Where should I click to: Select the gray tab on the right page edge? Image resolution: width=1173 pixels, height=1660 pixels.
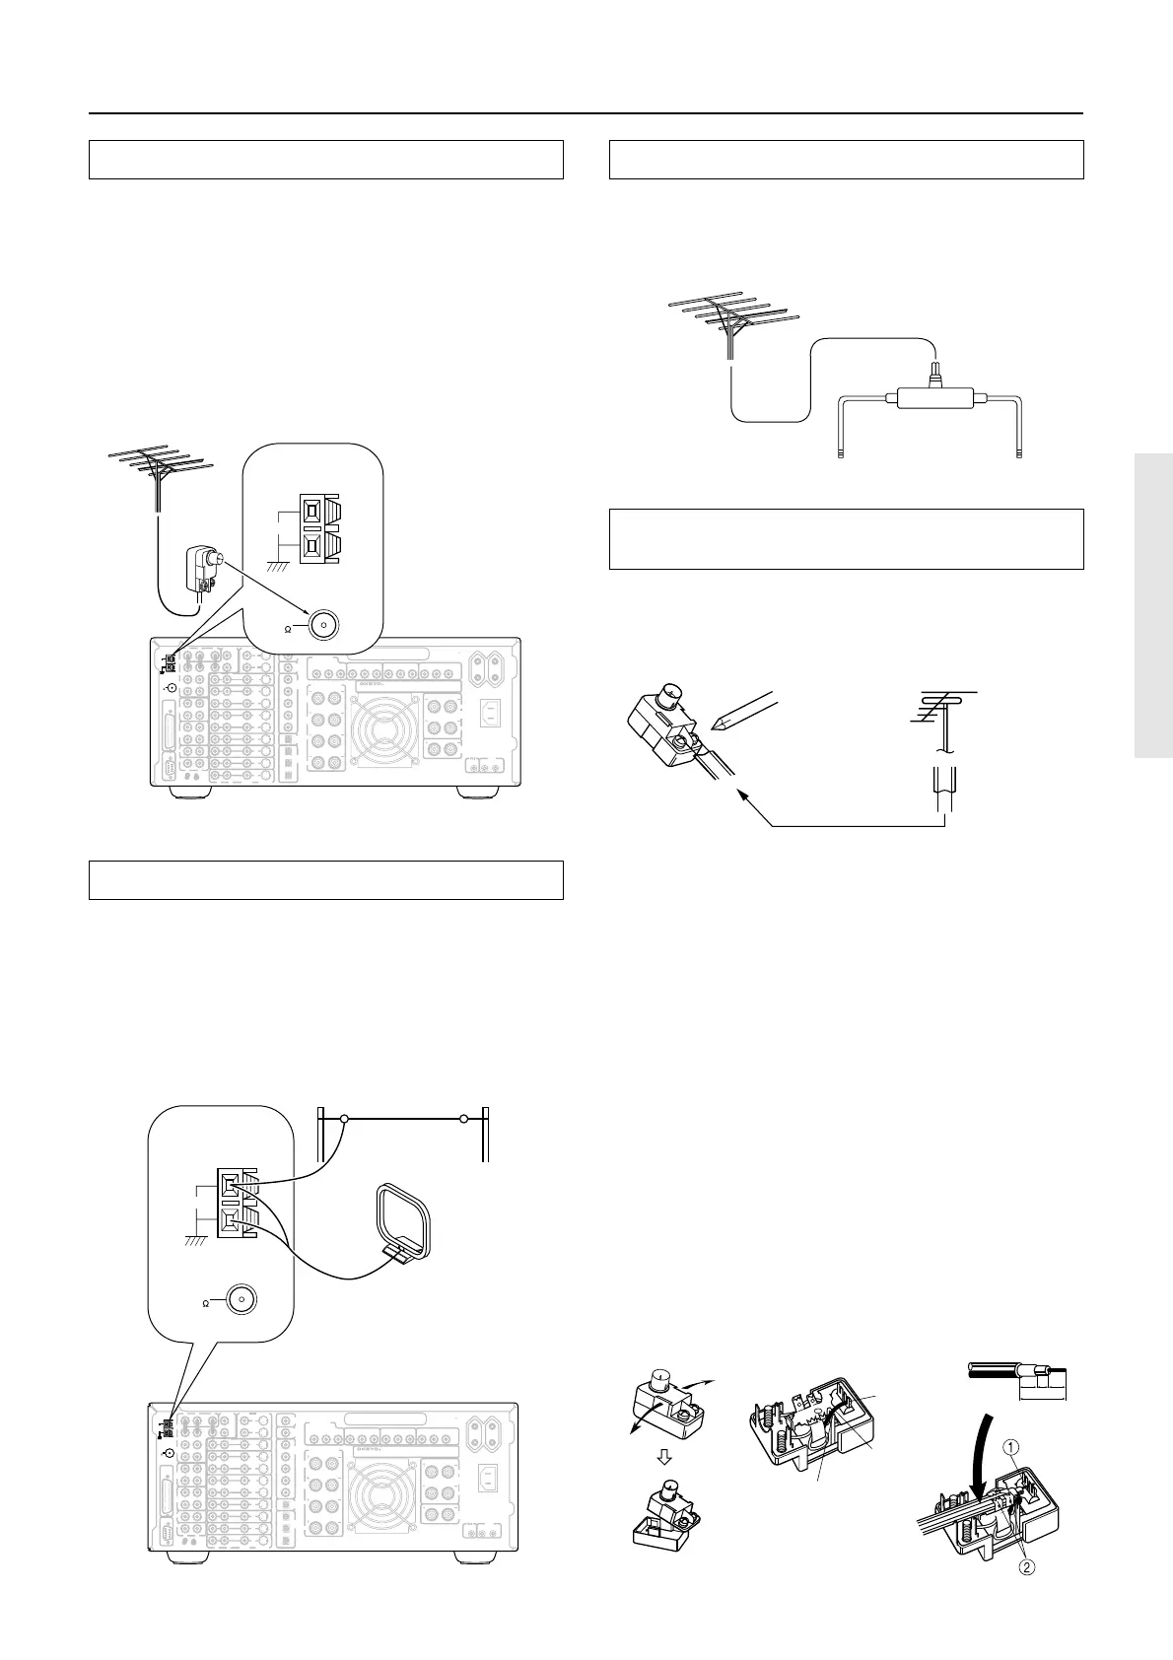point(1153,605)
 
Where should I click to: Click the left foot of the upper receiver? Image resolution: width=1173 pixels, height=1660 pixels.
point(182,792)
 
